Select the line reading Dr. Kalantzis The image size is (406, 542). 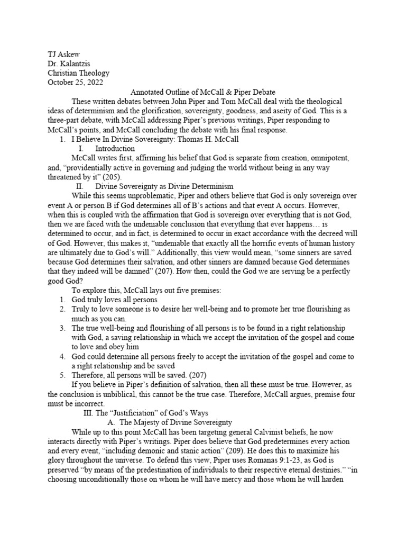pyautogui.click(x=69, y=64)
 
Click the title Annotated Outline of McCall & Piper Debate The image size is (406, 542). pyautogui.click(x=202, y=92)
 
